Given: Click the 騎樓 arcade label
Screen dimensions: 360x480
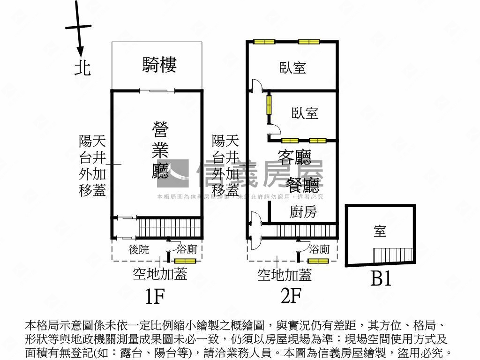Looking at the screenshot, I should (159, 65).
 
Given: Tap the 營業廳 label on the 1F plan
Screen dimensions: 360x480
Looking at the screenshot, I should (160, 150).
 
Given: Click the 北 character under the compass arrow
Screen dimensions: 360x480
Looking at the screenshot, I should (83, 68).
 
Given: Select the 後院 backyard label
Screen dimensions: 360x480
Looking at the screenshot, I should (139, 250).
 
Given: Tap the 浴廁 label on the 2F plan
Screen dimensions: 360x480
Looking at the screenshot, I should (319, 249).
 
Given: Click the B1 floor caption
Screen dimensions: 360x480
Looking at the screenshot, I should (381, 279).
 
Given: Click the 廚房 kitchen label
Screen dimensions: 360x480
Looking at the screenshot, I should (303, 212).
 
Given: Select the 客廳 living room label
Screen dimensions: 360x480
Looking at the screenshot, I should (294, 157).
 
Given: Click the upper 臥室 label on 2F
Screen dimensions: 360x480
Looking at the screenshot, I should (293, 68).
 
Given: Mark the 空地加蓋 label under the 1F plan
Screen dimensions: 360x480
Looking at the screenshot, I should (159, 274).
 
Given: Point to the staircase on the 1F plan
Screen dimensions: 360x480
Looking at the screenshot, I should (170, 228).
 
